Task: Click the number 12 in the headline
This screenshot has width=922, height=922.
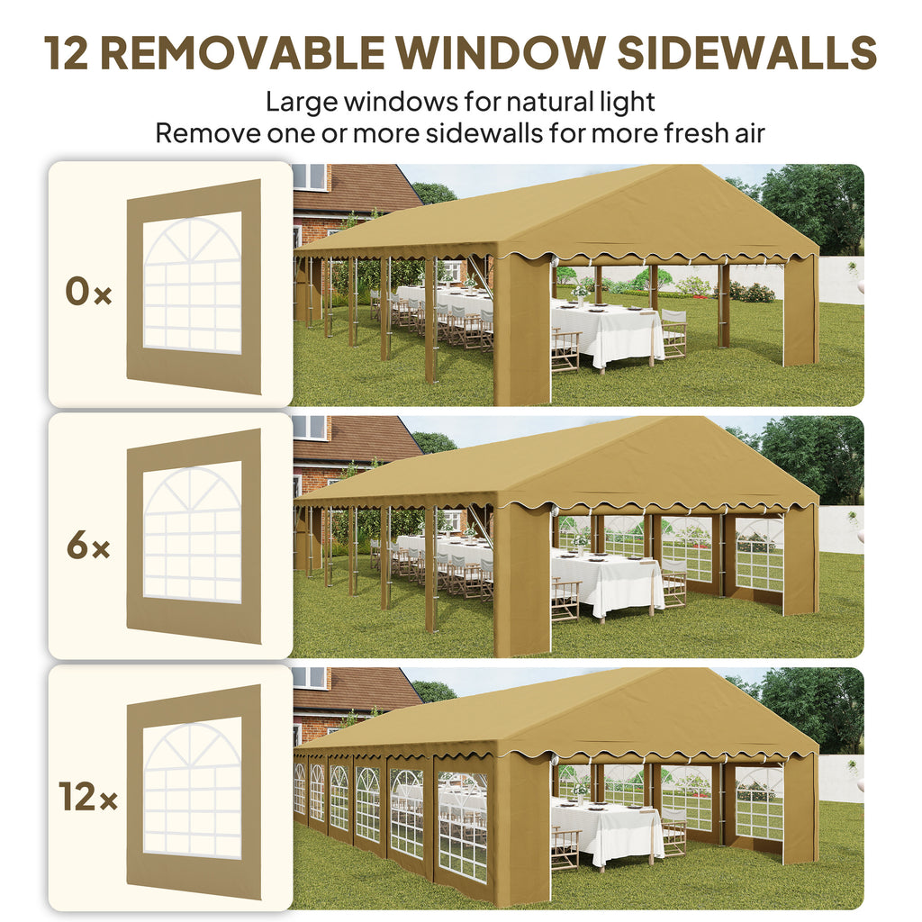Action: (x=66, y=53)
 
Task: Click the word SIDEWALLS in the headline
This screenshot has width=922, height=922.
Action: (x=746, y=53)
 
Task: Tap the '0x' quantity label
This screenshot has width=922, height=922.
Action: (x=88, y=292)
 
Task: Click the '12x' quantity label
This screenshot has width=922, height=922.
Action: (x=88, y=797)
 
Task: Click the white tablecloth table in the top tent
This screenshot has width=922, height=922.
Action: (x=606, y=332)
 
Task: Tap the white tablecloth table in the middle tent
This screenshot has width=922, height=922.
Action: (x=606, y=583)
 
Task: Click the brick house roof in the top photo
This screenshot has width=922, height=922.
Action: (x=358, y=188)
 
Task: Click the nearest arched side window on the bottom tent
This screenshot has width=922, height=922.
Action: (x=463, y=827)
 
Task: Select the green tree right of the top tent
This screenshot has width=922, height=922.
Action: (x=814, y=206)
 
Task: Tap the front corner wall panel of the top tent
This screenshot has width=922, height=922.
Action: (x=522, y=330)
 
